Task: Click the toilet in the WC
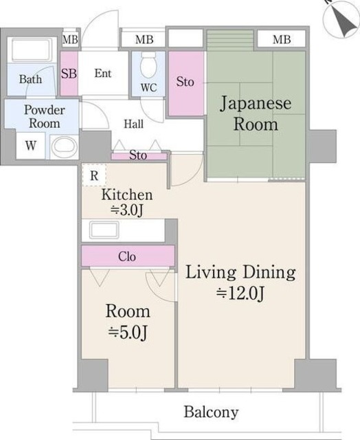pyautogui.click(x=148, y=65)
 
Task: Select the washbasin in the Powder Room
pyautogui.click(x=65, y=146)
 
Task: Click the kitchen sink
pyautogui.click(x=104, y=230)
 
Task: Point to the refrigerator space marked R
pyautogui.click(x=94, y=175)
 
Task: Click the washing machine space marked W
pyautogui.click(x=30, y=146)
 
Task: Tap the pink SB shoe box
pyautogui.click(x=69, y=74)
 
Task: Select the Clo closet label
pyautogui.click(x=127, y=256)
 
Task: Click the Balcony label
pyautogui.click(x=211, y=412)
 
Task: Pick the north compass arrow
pyautogui.click(x=344, y=22)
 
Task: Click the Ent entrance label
pyautogui.click(x=103, y=74)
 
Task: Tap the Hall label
pyautogui.click(x=133, y=124)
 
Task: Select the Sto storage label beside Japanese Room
pyautogui.click(x=185, y=82)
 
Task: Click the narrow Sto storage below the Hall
pyautogui.click(x=139, y=155)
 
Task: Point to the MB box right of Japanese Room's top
pyautogui.click(x=282, y=40)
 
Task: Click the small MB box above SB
pyautogui.click(x=70, y=40)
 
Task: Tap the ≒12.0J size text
pyautogui.click(x=240, y=294)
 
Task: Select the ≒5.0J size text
pyautogui.click(x=128, y=333)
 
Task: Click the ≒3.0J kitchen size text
pyautogui.click(x=126, y=210)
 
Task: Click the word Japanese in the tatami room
pyautogui.click(x=256, y=104)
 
